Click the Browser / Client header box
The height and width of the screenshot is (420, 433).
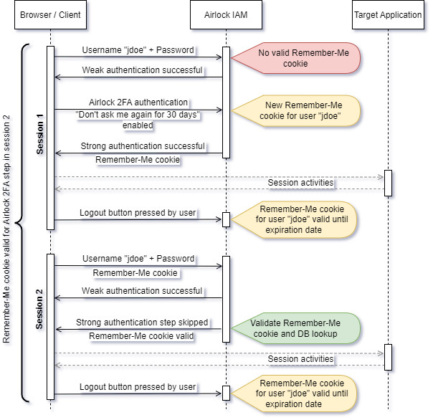tap(50, 14)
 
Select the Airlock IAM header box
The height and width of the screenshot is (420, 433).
tap(226, 14)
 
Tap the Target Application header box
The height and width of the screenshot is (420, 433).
tap(388, 14)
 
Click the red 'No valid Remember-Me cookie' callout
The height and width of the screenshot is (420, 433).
tap(296, 58)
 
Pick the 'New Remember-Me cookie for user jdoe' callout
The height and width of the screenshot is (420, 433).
tap(296, 110)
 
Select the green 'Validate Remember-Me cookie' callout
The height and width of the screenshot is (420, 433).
tap(296, 328)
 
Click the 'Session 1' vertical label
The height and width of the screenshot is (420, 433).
tap(39, 134)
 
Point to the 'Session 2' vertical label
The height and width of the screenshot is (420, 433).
tap(39, 309)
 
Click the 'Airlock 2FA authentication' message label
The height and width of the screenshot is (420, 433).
tap(138, 102)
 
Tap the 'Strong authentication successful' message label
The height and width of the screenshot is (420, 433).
tap(143, 146)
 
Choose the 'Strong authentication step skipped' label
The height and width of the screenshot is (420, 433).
tap(142, 323)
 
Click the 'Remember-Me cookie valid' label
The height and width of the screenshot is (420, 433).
tap(141, 336)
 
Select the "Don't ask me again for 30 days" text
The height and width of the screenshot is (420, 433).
tap(138, 115)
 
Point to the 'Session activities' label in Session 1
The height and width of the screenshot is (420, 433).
tap(300, 183)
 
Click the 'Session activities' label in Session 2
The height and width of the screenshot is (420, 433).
tap(300, 359)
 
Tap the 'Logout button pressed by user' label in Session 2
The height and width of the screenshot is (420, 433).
tap(138, 387)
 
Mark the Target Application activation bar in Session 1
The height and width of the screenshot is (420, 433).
tap(388, 183)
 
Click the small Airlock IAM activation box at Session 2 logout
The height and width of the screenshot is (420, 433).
tap(226, 393)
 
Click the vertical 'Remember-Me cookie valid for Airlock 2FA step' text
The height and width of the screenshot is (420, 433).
tap(6, 229)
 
